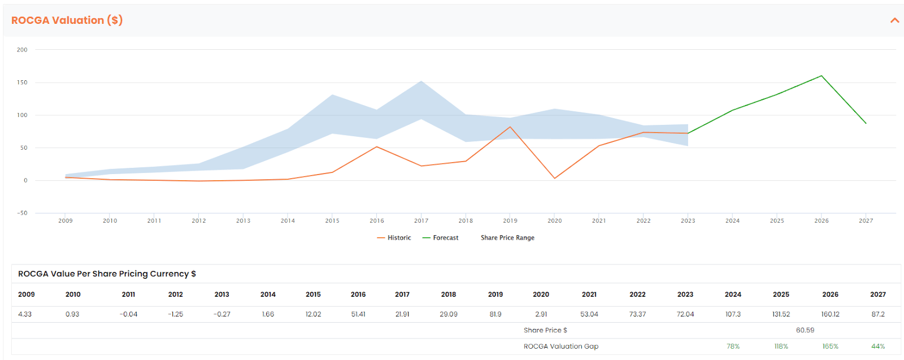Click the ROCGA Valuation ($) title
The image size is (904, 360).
pos(67,20)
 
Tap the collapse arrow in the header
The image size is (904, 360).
pos(895,20)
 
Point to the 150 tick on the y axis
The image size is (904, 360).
pos(22,83)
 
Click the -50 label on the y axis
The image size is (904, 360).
pos(22,213)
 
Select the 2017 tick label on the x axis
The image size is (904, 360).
pos(421,221)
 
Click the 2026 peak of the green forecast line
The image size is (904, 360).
pos(822,76)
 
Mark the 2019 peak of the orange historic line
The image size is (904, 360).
pos(510,127)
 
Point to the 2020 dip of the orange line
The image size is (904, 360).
pos(554,179)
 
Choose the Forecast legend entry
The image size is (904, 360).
pos(440,238)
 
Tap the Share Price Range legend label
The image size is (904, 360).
pos(507,238)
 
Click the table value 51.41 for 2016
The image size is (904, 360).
pos(358,314)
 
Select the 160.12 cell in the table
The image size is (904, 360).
pos(830,314)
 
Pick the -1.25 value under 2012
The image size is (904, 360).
pos(176,314)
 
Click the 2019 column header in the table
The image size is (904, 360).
pos(495,294)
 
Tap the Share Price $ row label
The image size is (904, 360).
pos(545,330)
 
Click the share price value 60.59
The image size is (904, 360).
pos(805,330)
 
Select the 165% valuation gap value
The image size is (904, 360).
pos(830,346)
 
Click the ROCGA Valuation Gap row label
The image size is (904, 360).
pos(561,346)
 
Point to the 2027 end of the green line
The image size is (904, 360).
pos(866,123)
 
